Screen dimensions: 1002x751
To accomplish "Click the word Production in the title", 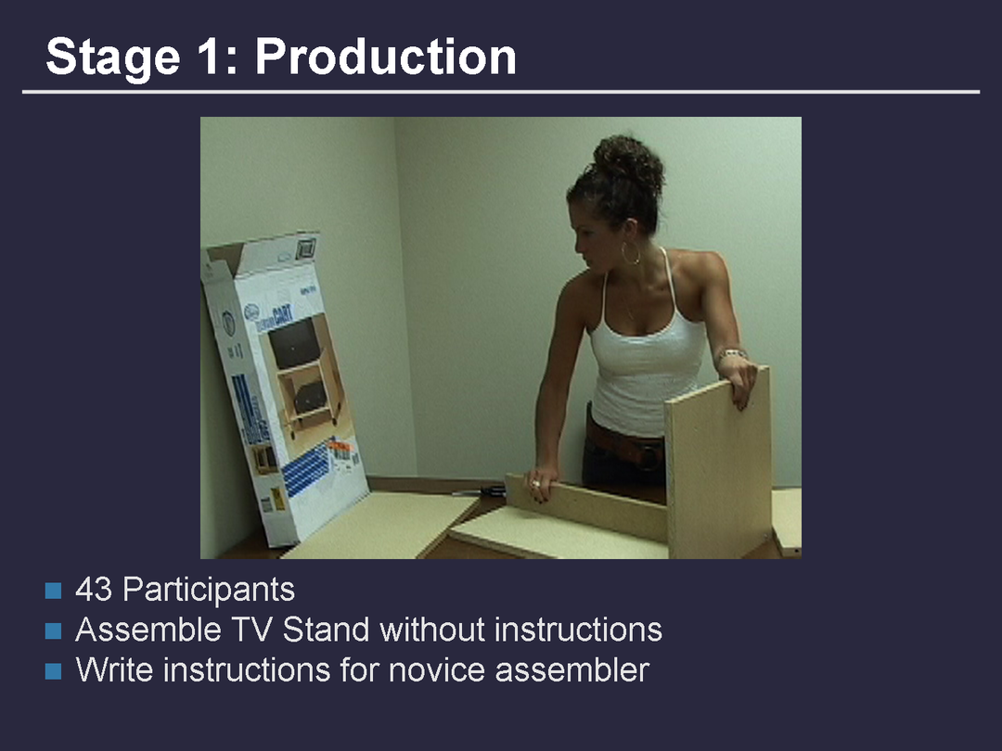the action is tap(385, 57).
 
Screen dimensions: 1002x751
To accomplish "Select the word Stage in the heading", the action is tap(112, 58).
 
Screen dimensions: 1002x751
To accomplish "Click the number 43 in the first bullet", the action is tap(94, 589).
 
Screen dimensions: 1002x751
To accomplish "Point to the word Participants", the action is tap(209, 590).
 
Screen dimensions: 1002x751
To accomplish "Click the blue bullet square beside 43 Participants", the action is tap(54, 591).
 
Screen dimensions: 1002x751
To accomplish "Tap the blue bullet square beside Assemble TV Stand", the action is tap(54, 631).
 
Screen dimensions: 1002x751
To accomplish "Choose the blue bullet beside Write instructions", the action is tap(54, 671).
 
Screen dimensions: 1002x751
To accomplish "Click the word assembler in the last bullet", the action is tap(572, 670).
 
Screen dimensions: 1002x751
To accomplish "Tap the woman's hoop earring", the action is tap(630, 253).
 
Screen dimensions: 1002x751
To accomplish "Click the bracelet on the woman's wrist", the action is tap(732, 354).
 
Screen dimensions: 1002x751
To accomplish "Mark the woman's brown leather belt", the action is tap(625, 444).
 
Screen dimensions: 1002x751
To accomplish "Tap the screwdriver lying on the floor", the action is tap(481, 491).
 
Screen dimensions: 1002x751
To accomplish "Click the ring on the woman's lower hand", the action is tap(535, 485).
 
